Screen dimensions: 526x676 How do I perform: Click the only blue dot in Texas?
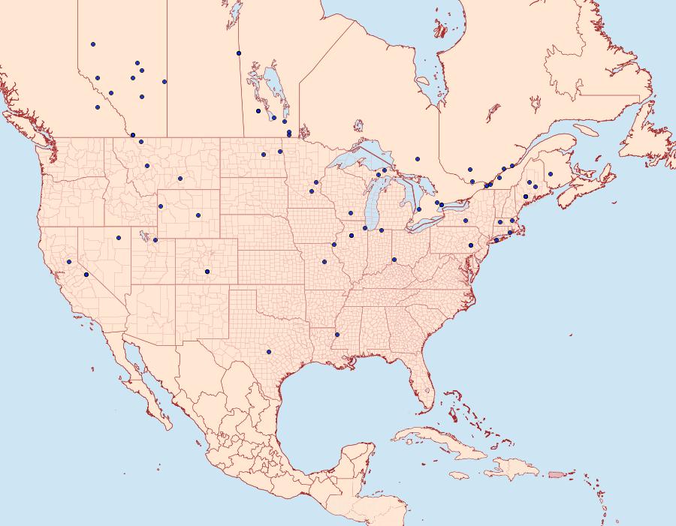pos(268,351)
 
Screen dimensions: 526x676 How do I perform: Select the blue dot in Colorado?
pos(207,272)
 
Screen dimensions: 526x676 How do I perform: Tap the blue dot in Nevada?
pos(118,238)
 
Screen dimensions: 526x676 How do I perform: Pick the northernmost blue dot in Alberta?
pos(93,44)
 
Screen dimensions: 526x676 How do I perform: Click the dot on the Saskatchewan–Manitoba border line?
pos(239,53)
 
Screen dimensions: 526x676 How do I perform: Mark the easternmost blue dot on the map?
pos(551,174)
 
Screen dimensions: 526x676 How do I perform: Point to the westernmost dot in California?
pos(68,262)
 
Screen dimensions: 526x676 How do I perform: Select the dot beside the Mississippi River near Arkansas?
pos(337,335)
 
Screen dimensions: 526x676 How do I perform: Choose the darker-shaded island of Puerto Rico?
pos(556,473)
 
